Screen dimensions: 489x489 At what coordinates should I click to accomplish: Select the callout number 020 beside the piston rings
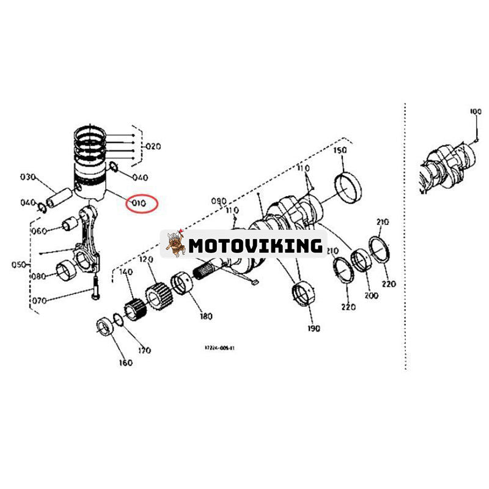point(152,147)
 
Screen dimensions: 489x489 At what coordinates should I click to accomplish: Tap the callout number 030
point(28,177)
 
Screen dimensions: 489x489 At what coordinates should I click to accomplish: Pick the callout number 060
point(40,231)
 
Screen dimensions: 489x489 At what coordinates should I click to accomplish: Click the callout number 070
point(39,301)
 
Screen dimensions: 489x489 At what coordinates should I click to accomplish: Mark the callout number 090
point(218,200)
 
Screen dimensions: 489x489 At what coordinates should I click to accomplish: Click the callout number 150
point(339,150)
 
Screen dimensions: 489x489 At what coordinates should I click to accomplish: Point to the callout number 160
point(125,363)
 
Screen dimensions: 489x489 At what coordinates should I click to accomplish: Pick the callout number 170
point(144,350)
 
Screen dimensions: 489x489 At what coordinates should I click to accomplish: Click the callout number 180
point(205,316)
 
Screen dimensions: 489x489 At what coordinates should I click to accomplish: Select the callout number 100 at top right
point(475,112)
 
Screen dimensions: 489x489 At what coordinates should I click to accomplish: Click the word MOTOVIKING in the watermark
point(256,246)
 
